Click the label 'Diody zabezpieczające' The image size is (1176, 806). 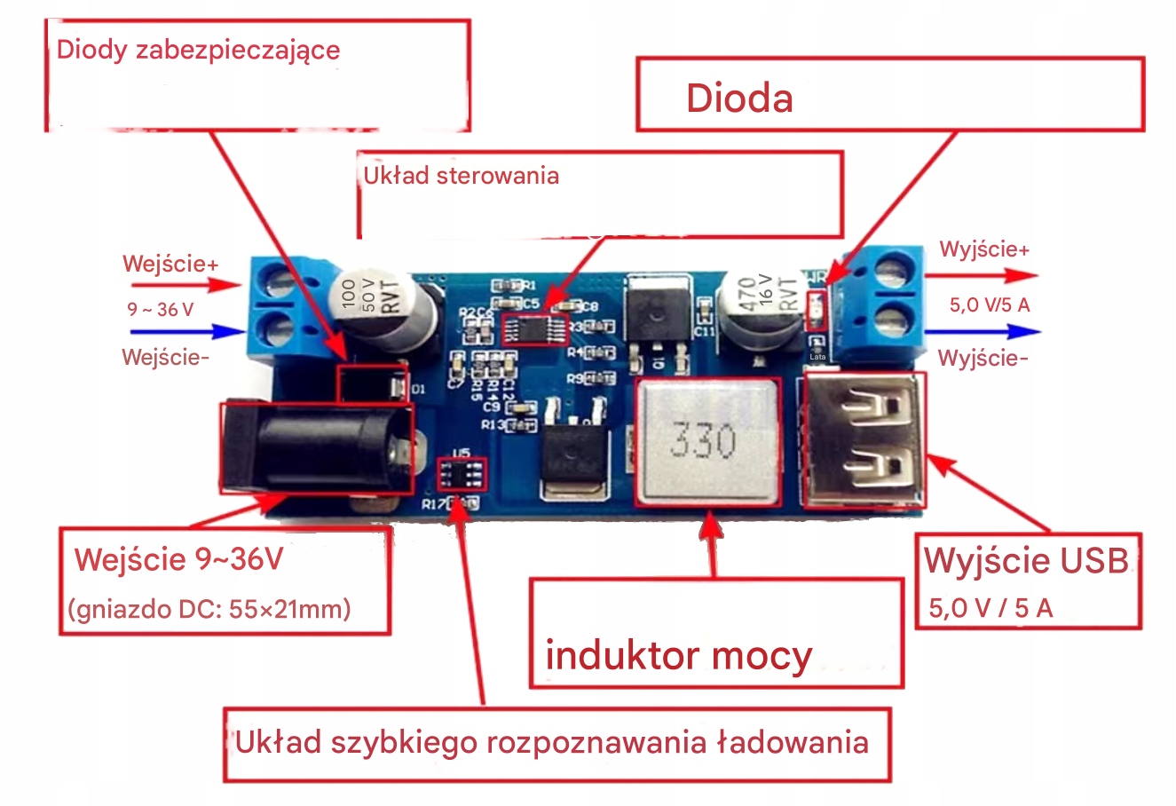(198, 49)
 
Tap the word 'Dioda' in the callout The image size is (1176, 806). (739, 98)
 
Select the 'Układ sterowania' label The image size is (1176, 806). (461, 175)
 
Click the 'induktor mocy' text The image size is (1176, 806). (678, 655)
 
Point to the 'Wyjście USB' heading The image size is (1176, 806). (1026, 560)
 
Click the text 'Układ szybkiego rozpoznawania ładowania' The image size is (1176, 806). (551, 742)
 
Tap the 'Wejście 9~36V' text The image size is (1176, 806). (178, 559)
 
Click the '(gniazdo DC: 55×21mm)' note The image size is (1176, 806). (209, 609)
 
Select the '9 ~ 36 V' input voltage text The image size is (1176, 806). (160, 310)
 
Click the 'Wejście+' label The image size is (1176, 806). (170, 264)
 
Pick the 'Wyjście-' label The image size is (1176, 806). (983, 358)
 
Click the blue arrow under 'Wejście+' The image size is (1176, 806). (187, 332)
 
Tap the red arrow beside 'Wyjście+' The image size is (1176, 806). (982, 277)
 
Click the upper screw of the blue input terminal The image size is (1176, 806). (279, 283)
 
